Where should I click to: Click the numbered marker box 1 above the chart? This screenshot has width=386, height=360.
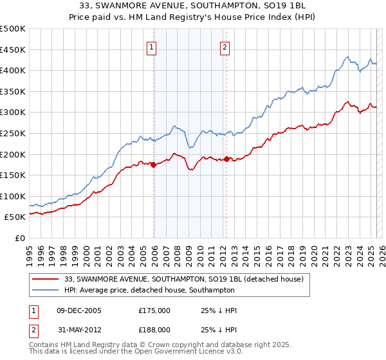152,46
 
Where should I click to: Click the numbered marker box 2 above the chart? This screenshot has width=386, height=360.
225,46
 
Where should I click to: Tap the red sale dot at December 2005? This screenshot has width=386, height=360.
153,165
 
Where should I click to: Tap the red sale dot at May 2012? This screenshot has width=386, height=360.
226,159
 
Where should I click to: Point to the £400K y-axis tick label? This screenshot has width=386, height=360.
13,70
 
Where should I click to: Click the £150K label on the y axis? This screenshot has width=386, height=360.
13,175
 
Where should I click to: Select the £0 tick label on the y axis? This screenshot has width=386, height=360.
19,238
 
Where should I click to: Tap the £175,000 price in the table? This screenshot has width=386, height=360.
154,310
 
